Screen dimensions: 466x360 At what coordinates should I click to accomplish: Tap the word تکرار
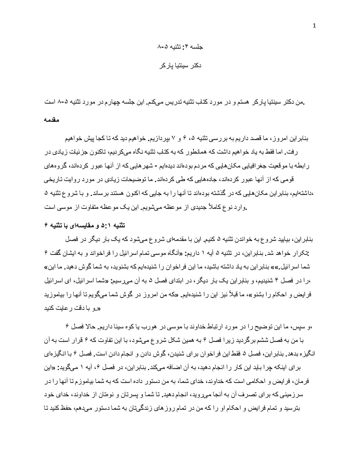coord(299,253)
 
